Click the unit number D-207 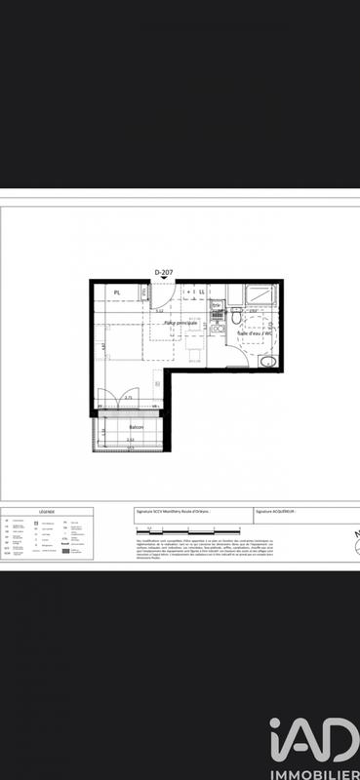[x=164, y=274]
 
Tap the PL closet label [x=117, y=292]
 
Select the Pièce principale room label [x=180, y=323]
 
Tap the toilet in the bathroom [x=236, y=317]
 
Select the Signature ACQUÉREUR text [x=275, y=510]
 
